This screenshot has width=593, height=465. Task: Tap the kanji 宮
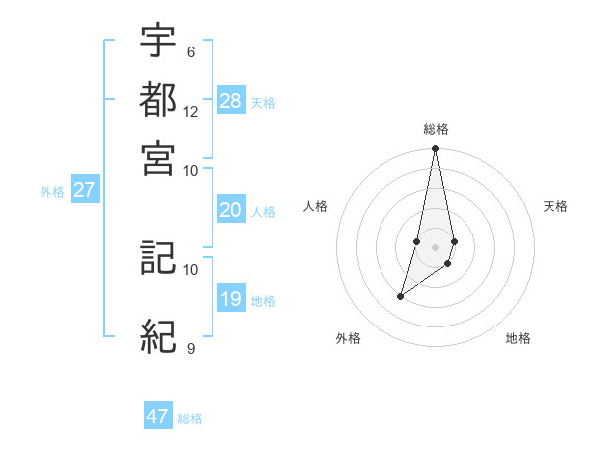pos(158,157)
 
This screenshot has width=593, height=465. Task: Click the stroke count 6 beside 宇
pos(191,52)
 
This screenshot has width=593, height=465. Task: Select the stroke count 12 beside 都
pos(191,111)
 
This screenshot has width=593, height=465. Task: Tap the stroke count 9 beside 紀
pos(191,348)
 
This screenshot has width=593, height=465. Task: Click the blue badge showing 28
pos(231,101)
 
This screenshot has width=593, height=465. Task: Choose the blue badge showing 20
pos(231,210)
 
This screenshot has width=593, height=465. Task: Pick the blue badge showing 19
pos(231,299)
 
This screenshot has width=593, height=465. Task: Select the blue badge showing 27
pos(84,191)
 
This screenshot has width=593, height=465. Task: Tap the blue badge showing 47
pos(158,417)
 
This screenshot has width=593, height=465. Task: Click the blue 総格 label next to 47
pos(190,418)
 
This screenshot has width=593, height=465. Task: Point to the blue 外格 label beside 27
pos(52,193)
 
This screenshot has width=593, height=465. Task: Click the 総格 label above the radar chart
pos(435,129)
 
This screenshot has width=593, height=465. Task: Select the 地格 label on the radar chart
pos(518,339)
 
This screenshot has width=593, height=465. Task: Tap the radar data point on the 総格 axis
pos(435,149)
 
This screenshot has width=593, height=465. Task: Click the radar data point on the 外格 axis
pos(400,296)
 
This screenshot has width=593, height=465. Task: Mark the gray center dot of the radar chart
pos(435,246)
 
